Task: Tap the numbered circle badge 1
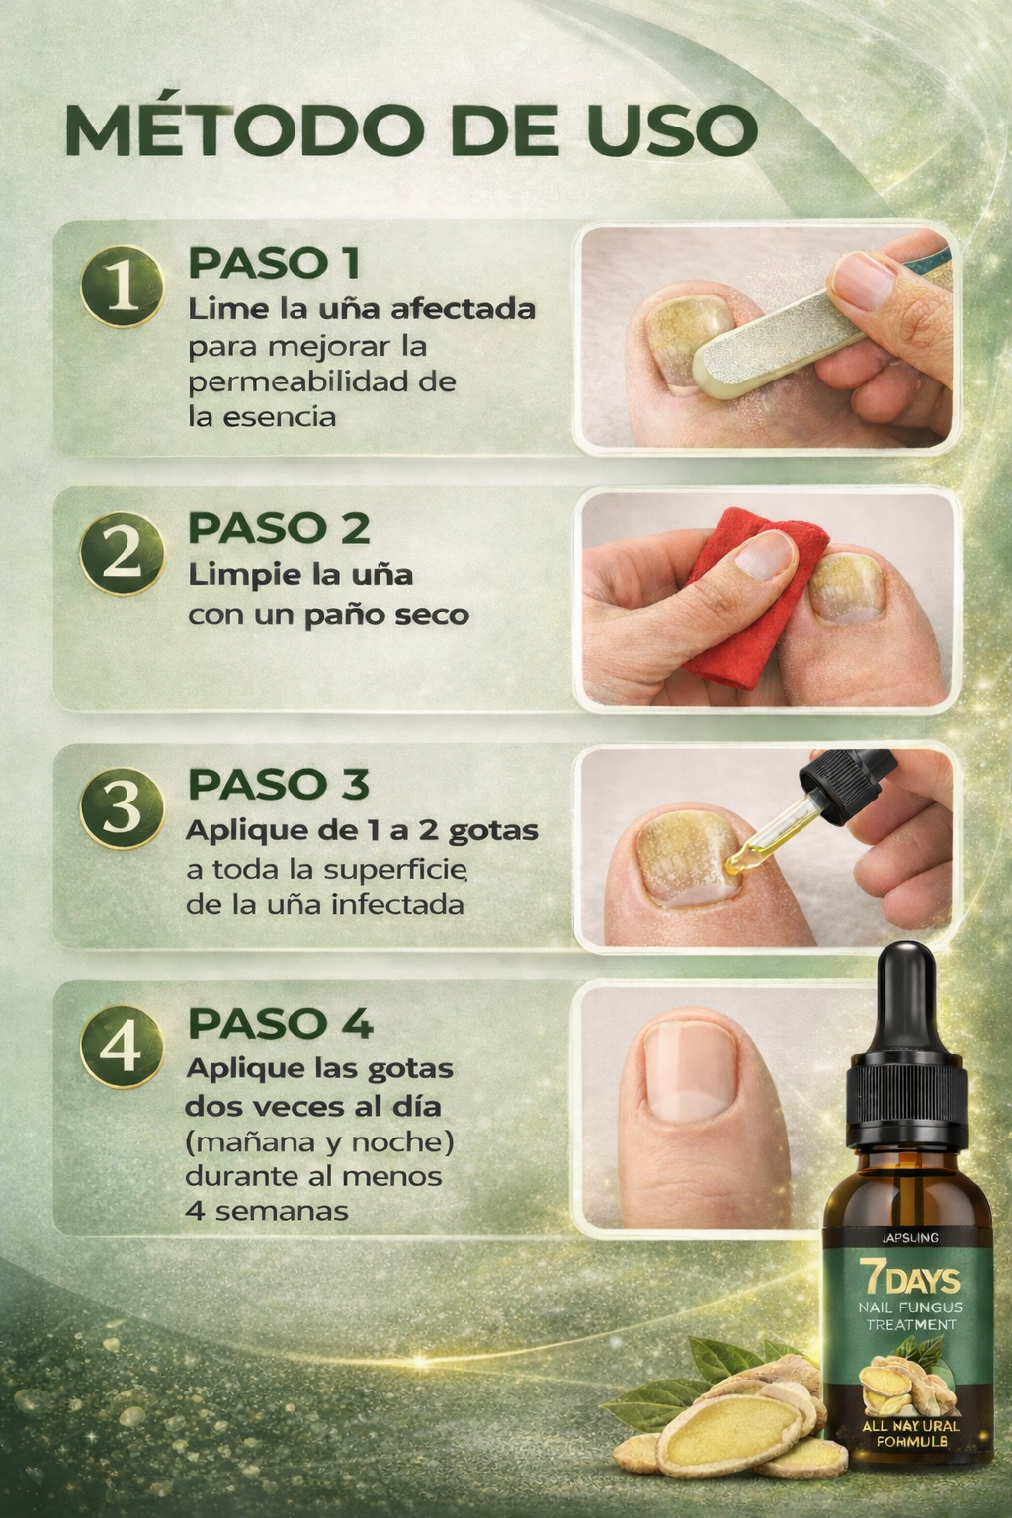point(122,287)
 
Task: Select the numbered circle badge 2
point(122,553)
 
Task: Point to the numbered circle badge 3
point(122,808)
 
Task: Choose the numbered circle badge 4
point(122,1047)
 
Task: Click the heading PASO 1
point(274,263)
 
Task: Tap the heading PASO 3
point(279,784)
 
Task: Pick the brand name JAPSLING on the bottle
point(910,1238)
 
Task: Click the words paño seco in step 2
point(386,616)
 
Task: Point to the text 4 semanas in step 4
point(267,1211)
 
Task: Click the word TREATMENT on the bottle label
point(911,1325)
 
